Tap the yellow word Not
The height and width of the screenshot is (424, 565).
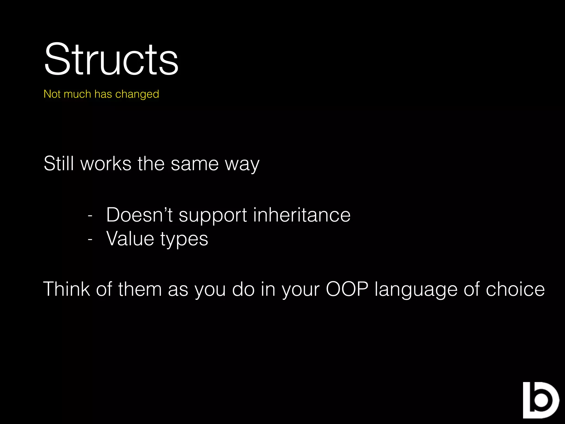click(x=52, y=94)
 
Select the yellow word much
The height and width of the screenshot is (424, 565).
click(x=77, y=94)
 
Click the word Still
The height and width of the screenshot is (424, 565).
click(x=59, y=163)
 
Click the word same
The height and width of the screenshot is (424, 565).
click(x=195, y=163)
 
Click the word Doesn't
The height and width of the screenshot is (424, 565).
click(x=139, y=215)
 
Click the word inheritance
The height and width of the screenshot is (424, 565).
click(x=302, y=215)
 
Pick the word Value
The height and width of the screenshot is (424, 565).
click(x=130, y=239)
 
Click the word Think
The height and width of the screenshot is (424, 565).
click(x=66, y=289)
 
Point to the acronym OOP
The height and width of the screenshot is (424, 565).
click(x=347, y=289)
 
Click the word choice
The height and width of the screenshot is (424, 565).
click(x=515, y=289)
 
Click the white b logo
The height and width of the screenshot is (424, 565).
click(x=540, y=400)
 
